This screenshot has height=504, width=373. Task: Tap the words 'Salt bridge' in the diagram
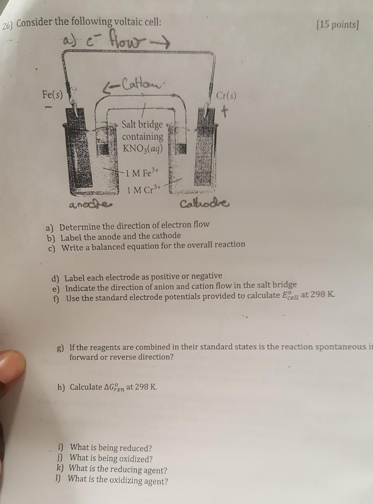pyautogui.click(x=142, y=125)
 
